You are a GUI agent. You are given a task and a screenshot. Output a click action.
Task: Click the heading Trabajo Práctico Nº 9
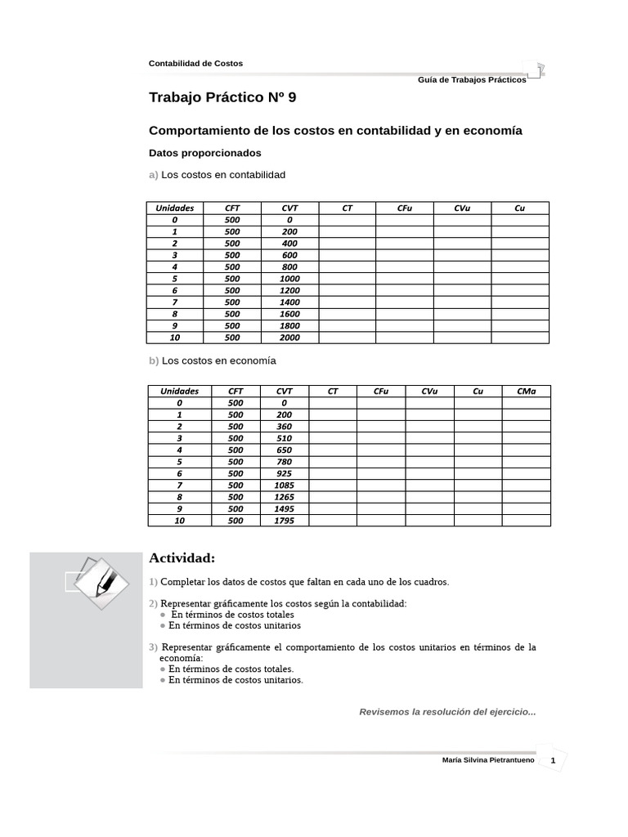(x=222, y=97)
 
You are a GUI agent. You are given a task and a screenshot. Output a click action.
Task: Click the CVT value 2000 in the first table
(x=289, y=338)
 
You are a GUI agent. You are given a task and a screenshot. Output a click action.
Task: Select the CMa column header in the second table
(x=527, y=392)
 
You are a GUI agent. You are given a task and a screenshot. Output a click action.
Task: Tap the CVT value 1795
(x=284, y=521)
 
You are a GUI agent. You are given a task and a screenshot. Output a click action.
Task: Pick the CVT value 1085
(x=284, y=486)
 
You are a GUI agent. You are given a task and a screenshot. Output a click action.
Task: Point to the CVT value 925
(x=284, y=473)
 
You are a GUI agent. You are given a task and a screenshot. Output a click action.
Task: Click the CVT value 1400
(x=289, y=302)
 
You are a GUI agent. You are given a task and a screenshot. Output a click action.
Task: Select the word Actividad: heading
(x=182, y=558)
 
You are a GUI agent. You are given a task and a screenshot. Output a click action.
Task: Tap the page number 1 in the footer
(x=554, y=761)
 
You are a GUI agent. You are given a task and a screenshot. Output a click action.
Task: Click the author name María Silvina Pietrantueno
(x=488, y=761)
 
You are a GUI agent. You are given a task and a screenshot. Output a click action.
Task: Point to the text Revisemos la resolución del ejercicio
(x=447, y=712)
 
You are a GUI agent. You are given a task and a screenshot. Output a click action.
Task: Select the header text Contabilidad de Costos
(x=195, y=63)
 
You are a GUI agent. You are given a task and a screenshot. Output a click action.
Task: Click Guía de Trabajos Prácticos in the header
(x=472, y=80)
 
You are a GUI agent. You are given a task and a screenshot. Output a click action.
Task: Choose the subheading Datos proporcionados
(x=204, y=153)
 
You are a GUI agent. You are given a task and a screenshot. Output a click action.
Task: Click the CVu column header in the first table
(x=462, y=208)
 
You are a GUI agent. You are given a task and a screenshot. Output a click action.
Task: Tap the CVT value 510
(x=284, y=438)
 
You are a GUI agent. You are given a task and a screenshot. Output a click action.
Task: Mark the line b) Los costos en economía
(x=213, y=360)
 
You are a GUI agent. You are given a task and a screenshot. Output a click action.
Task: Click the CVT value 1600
(x=289, y=314)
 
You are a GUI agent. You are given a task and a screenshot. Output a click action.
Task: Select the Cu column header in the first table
(x=519, y=208)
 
